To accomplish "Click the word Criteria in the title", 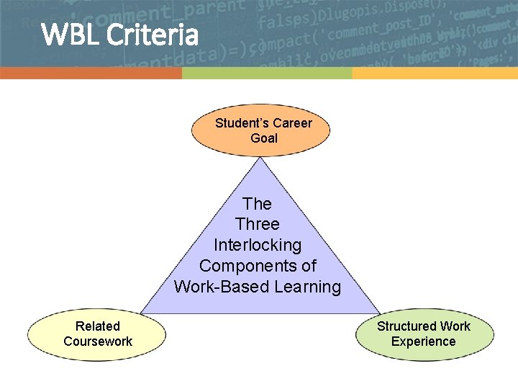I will pyautogui.click(x=151, y=34).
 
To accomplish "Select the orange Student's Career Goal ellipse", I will pyautogui.click(x=262, y=130).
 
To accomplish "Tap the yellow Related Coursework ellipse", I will pyautogui.click(x=97, y=334).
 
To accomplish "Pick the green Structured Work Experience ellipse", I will pyautogui.click(x=424, y=334).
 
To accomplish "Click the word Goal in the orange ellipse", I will pyautogui.click(x=264, y=138).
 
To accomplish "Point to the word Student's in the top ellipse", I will pyautogui.click(x=242, y=123).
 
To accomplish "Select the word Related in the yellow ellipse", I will pyautogui.click(x=98, y=326).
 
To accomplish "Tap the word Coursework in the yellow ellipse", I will pyautogui.click(x=98, y=341).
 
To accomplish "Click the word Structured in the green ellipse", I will pyautogui.click(x=406, y=326).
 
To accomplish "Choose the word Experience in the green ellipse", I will pyautogui.click(x=424, y=341).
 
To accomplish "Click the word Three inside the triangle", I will pyautogui.click(x=258, y=224).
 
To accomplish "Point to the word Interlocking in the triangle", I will pyautogui.click(x=258, y=245).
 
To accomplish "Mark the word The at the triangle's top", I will pyautogui.click(x=258, y=204).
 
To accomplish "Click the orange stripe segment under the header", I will pyautogui.click(x=91, y=73).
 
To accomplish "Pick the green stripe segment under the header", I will pyautogui.click(x=266, y=73).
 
